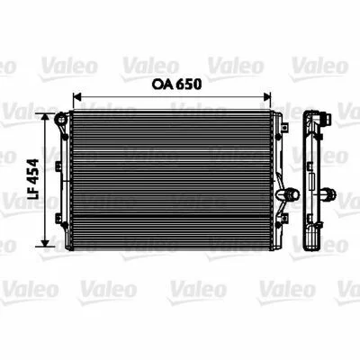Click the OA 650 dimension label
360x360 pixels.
[x=176, y=85]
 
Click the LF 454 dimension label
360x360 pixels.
[x=32, y=179]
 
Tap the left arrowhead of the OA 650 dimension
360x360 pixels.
[x=77, y=97]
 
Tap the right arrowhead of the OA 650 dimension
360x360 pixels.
[x=266, y=97]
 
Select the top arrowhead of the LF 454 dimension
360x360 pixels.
[x=45, y=117]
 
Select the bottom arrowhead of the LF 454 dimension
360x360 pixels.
[x=45, y=243]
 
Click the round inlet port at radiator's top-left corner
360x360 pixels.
[x=60, y=119]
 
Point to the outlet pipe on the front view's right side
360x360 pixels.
[x=287, y=194]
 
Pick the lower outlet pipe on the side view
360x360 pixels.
[x=328, y=193]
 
